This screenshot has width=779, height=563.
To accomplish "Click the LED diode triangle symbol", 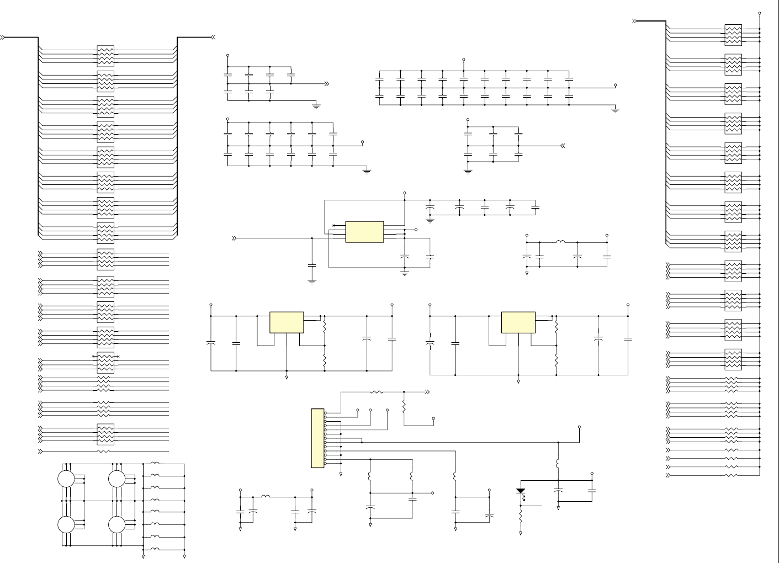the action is coord(521,491).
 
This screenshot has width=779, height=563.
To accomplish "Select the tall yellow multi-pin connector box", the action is coord(317,438).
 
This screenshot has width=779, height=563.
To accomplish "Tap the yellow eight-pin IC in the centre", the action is coord(364,232).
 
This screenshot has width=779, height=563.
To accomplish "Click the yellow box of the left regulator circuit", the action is coord(287,322).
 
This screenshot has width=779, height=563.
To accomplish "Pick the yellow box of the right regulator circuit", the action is coord(518,322).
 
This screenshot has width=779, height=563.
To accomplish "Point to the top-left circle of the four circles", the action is coord(66,479).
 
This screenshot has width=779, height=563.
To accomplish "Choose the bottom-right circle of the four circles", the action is coord(116,524).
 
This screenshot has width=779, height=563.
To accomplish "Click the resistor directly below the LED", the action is coord(521,516).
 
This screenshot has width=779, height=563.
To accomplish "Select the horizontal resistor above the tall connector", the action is coord(377,392).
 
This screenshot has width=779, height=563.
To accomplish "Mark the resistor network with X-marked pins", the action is coord(105,362).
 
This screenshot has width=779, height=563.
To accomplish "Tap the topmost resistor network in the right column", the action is coord(733,35).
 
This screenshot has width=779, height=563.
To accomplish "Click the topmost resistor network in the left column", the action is coord(105,56).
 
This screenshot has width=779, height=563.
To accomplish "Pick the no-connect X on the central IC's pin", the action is coord(332,225).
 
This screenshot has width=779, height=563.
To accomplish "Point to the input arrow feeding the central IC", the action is coord(234,238).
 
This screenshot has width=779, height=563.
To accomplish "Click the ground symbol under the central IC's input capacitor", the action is coord(312,282).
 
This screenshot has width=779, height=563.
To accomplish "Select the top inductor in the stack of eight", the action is coord(155,464).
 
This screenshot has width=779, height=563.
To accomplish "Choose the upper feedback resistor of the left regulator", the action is coord(325,327).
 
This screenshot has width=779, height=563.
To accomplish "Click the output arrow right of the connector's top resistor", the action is coord(426,392).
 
